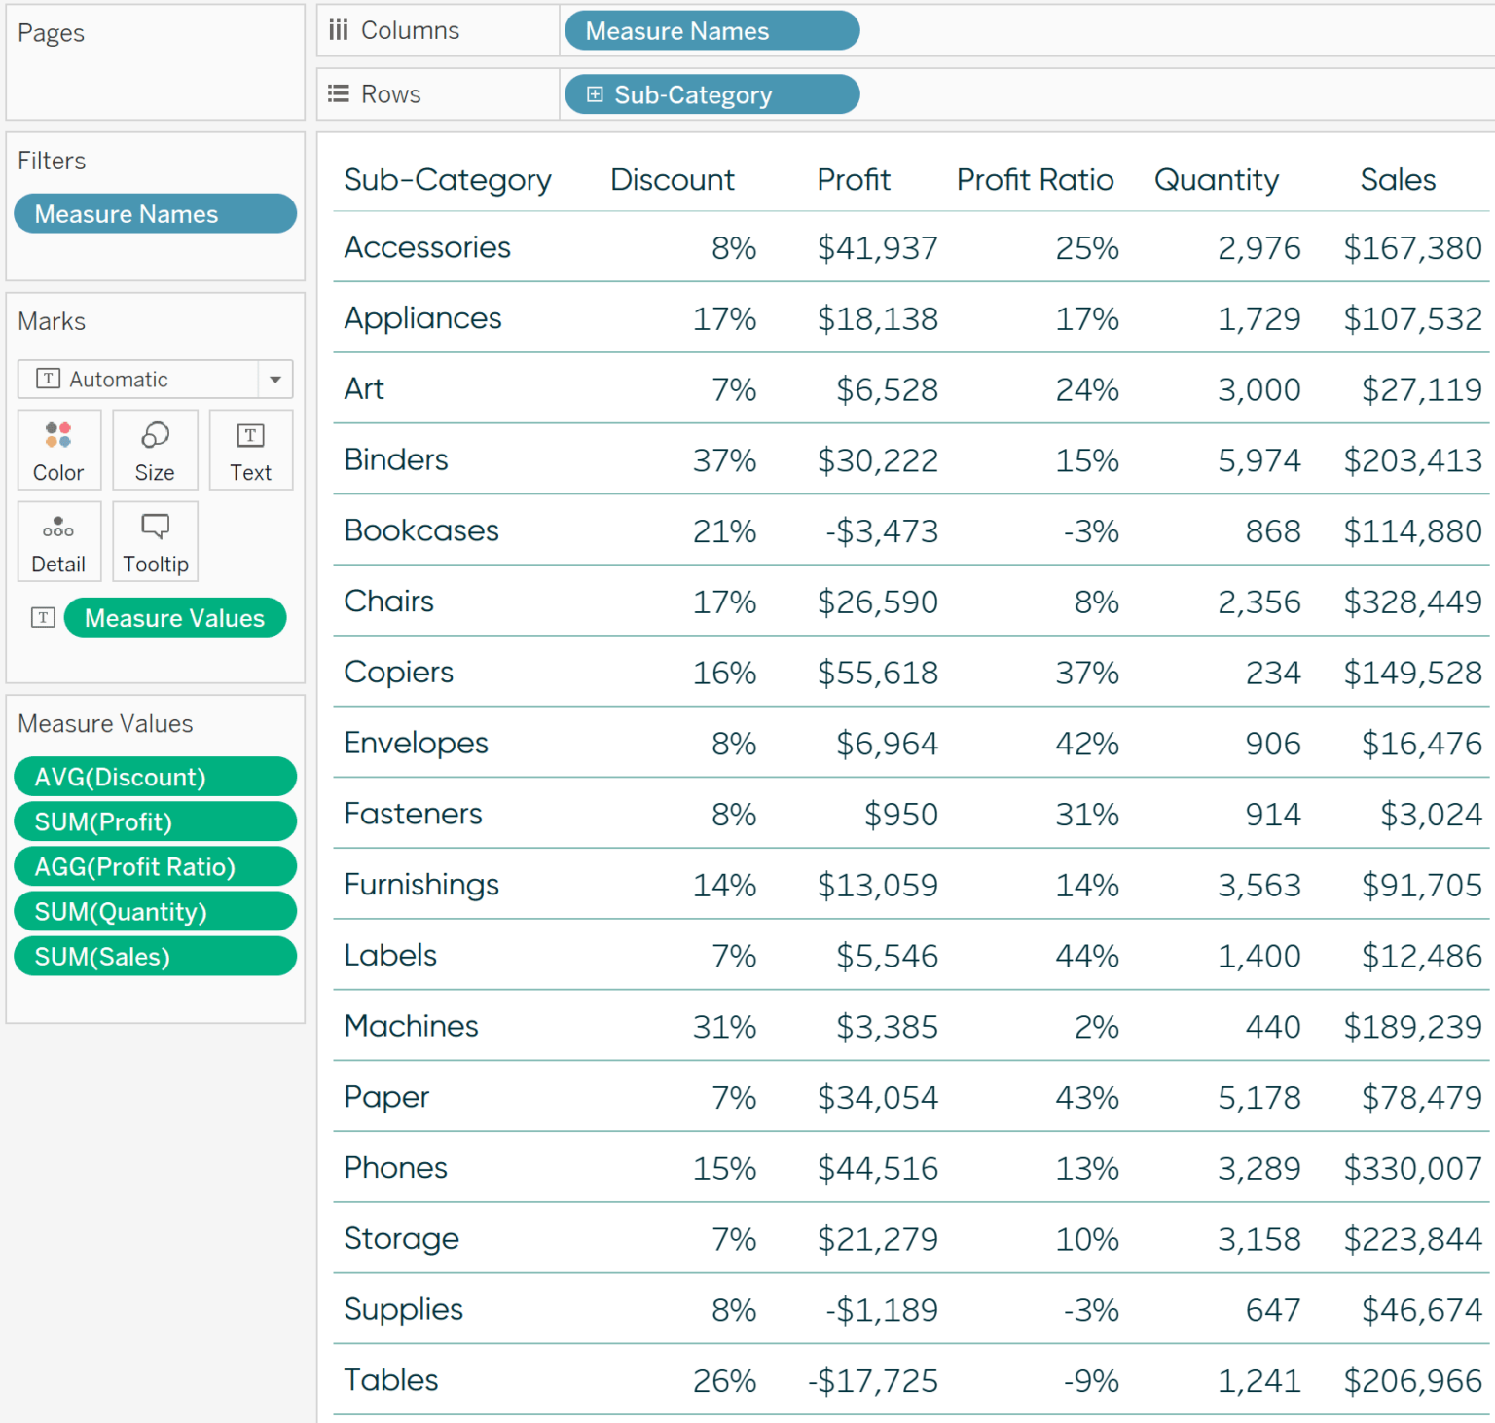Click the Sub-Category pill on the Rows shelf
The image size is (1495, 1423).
pos(711,94)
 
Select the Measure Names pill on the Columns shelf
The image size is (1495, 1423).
pos(711,31)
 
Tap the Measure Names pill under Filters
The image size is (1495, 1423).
pos(155,214)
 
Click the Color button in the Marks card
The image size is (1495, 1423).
pos(58,451)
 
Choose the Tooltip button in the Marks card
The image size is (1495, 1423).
pos(155,542)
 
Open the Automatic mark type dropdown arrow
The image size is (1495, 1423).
pos(275,380)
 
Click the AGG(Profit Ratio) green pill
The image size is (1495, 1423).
pos(155,867)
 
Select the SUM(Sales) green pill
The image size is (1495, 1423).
pos(155,957)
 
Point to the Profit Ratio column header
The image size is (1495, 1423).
pos(1035,180)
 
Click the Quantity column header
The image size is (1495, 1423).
pos(1216,180)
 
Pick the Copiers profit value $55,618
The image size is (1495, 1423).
pos(877,674)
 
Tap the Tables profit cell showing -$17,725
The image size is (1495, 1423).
pos(873,1381)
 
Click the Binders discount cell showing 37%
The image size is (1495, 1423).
pos(724,460)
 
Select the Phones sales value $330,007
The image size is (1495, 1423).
pos(1412,1169)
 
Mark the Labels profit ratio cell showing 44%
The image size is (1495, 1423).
pos(1087,957)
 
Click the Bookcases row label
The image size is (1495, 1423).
pos(420,530)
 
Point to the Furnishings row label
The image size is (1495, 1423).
pos(420,885)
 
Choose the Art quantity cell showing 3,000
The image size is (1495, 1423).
pos(1258,390)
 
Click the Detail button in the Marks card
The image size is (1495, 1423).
pos(58,542)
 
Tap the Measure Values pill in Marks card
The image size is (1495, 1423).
pos(174,618)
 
